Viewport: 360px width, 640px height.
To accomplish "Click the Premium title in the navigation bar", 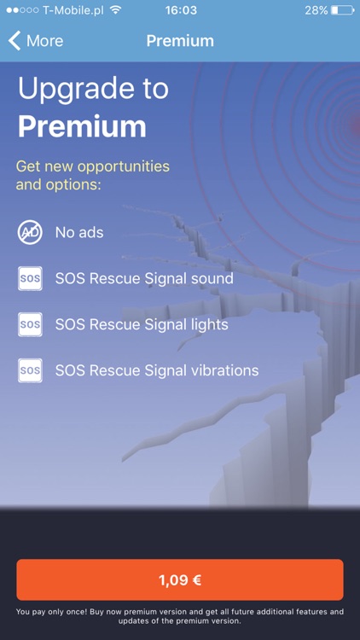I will pyautogui.click(x=180, y=41).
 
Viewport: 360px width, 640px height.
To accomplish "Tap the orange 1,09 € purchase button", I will pyautogui.click(x=180, y=580).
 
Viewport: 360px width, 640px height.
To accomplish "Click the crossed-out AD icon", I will pyautogui.click(x=30, y=232).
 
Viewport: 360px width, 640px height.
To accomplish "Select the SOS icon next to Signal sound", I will pyautogui.click(x=30, y=278).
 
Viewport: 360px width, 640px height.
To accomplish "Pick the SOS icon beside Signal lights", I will pyautogui.click(x=30, y=324).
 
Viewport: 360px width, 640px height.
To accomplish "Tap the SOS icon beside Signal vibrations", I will pyautogui.click(x=30, y=370).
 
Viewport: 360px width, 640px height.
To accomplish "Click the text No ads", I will pyautogui.click(x=79, y=232).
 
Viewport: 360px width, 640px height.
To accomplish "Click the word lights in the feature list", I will pyautogui.click(x=211, y=324).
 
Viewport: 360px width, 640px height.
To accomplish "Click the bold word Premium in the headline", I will pyautogui.click(x=82, y=126).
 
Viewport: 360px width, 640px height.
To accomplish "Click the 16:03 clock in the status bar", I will pyautogui.click(x=180, y=10).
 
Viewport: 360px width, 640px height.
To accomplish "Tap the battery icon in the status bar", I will pyautogui.click(x=343, y=10).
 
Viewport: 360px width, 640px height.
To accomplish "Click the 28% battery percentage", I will pyautogui.click(x=316, y=10).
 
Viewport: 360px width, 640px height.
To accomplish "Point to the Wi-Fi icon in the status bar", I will pyautogui.click(x=115, y=10).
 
